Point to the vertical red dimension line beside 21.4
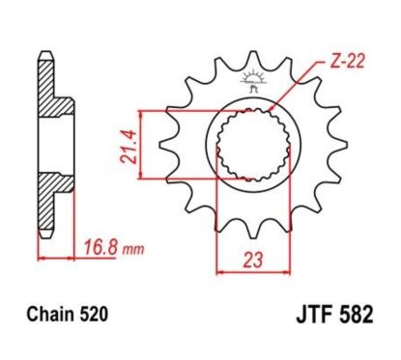(143, 145)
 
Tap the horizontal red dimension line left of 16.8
(56, 259)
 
